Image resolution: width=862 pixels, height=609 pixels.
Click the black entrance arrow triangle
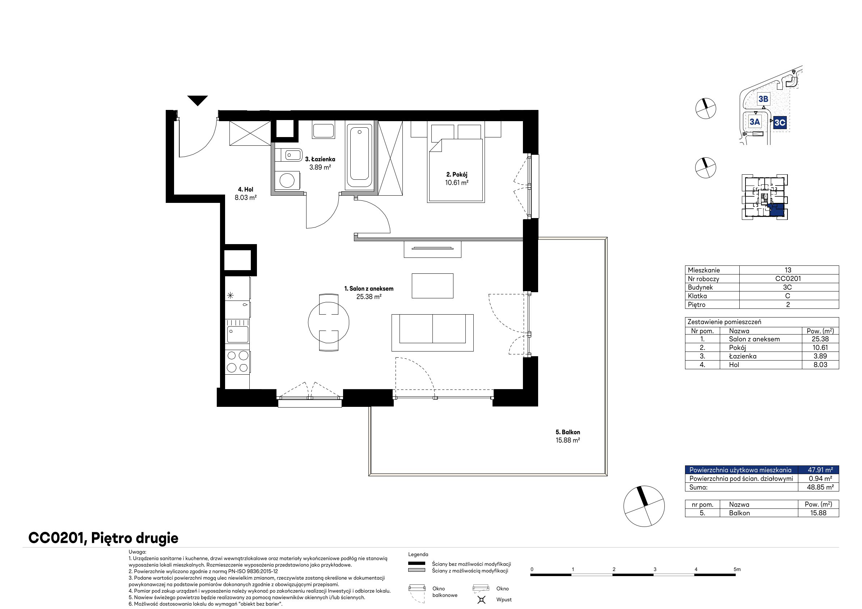pyautogui.click(x=198, y=100)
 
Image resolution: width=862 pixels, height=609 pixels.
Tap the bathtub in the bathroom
pyautogui.click(x=359, y=156)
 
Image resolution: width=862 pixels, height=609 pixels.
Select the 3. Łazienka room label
pyautogui.click(x=320, y=159)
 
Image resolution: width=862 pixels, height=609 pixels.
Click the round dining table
pyautogui.click(x=329, y=322)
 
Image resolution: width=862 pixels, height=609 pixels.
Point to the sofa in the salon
pyautogui.click(x=432, y=333)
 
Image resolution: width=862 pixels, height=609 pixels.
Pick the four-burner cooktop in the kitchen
pyautogui.click(x=237, y=361)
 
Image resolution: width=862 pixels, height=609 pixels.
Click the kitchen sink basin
pyautogui.click(x=237, y=334)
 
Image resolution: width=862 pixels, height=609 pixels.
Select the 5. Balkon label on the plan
pyautogui.click(x=568, y=432)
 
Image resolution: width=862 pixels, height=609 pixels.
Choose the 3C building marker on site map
pyautogui.click(x=780, y=122)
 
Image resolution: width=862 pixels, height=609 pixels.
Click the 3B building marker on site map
pyautogui.click(x=763, y=99)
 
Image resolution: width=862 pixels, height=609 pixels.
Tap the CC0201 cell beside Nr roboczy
pyautogui.click(x=788, y=278)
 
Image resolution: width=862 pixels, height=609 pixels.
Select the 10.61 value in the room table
pyautogui.click(x=820, y=348)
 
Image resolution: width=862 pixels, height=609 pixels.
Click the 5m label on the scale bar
pyautogui.click(x=737, y=569)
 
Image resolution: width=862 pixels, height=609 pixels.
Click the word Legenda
pyautogui.click(x=418, y=554)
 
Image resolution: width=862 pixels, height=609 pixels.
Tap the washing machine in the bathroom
pyautogui.click(x=287, y=180)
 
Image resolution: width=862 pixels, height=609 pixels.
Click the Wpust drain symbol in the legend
pyautogui.click(x=481, y=600)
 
